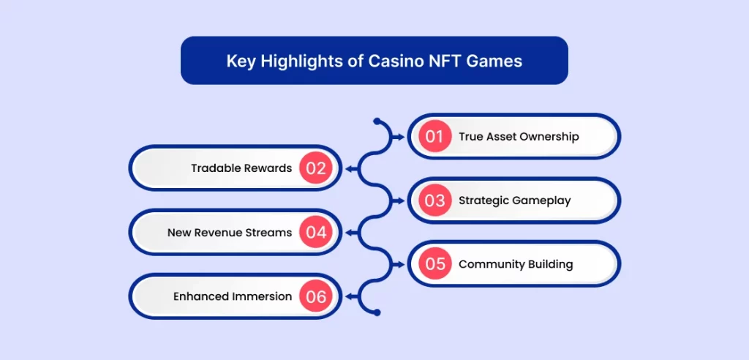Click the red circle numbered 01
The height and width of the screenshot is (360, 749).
pos(434,136)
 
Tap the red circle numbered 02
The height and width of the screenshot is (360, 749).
pos(316,168)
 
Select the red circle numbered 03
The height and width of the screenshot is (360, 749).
pos(434,200)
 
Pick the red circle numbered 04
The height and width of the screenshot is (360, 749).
pos(316,233)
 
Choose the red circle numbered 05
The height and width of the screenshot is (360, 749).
pos(434,264)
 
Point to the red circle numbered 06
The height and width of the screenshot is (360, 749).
pos(316,296)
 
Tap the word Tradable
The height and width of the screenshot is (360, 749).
pos(216,168)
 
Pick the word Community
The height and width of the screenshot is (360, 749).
pos(489,264)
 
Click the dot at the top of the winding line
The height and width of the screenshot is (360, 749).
pos(376,121)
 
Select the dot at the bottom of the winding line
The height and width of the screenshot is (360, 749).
pos(376,312)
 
